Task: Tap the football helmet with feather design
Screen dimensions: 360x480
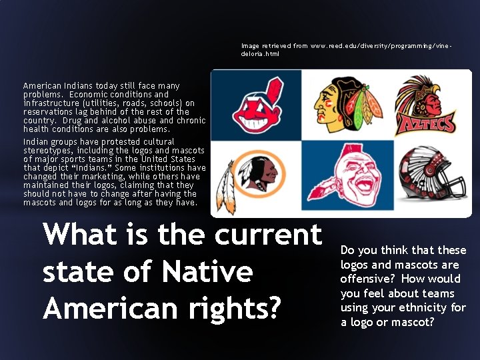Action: point(433,176)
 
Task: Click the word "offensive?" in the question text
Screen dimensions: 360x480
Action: point(367,279)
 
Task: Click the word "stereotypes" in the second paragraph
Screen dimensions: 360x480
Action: point(48,151)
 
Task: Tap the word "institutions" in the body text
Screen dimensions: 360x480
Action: point(161,168)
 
